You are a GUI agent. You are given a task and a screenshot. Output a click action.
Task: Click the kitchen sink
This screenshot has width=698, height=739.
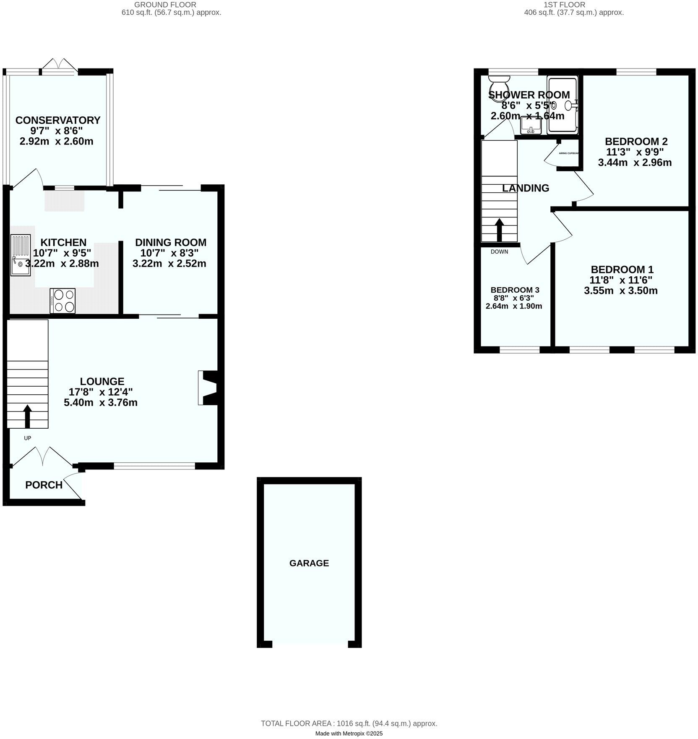point(21,255)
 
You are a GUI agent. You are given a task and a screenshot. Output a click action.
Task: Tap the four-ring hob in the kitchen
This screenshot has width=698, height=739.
point(63,301)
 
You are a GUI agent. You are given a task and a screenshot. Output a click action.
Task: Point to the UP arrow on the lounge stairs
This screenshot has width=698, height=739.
point(28,416)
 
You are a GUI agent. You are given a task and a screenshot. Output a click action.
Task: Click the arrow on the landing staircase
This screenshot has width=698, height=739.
point(499,229)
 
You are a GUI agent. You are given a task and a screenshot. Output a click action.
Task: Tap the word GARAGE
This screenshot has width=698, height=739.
point(309,563)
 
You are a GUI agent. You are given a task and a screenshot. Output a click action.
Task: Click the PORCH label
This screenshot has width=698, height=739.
point(44,485)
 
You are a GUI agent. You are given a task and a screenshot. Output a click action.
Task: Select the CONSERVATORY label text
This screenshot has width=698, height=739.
point(58,120)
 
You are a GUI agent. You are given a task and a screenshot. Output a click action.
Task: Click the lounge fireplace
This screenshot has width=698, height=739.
point(208,388)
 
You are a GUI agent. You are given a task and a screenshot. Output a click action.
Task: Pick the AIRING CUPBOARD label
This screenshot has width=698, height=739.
point(568,153)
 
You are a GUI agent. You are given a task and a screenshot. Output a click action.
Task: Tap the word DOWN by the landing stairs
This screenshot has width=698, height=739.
point(499,252)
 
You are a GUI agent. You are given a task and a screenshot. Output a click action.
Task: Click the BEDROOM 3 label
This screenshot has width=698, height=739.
point(515,290)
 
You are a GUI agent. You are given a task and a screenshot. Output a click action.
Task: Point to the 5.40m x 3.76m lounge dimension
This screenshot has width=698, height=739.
point(101,403)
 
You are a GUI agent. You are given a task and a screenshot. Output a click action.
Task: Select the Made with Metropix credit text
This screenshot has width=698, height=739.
point(349,734)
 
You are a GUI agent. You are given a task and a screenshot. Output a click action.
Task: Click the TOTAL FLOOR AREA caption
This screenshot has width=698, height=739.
point(349,723)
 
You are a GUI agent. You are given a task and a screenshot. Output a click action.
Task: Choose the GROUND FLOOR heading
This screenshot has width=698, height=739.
point(165,5)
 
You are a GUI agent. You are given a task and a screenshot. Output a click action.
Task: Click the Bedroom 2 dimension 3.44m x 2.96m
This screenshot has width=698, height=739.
point(635,162)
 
